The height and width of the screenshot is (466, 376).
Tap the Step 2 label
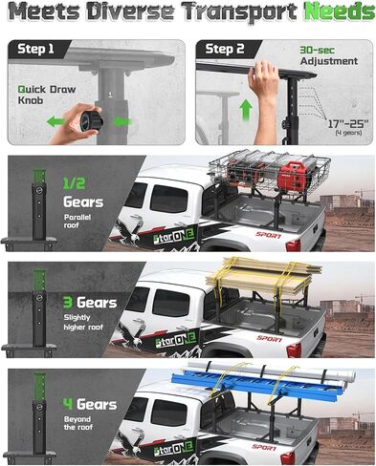click(x=226, y=49)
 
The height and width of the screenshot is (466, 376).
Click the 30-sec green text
click(x=319, y=50)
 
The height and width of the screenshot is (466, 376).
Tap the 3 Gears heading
click(x=90, y=303)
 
